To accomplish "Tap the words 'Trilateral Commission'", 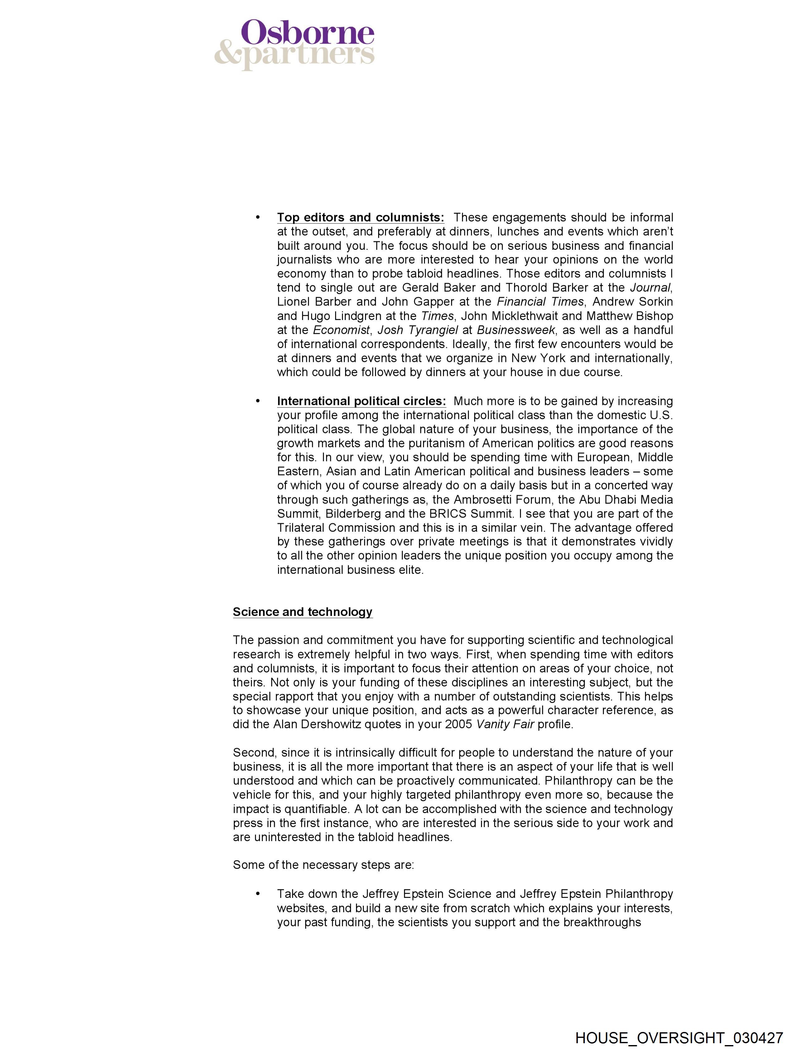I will pos(336,528).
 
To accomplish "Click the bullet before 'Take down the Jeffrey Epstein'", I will pos(258,894).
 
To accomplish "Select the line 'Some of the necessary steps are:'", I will pos(323,865).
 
